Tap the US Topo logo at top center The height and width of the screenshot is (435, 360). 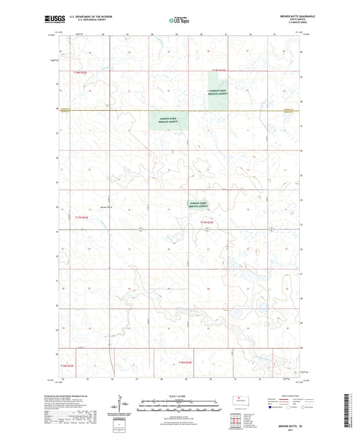pos(179,20)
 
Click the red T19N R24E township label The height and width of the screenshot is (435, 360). pos(218,69)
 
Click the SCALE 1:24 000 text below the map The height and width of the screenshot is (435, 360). pos(179,396)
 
